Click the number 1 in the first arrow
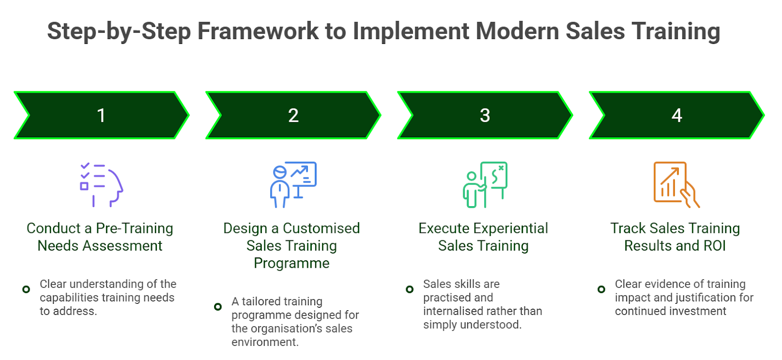(x=101, y=116)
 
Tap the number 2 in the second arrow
(x=293, y=116)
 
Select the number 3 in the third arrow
(x=485, y=116)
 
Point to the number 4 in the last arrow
(x=677, y=116)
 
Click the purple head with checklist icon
(x=101, y=185)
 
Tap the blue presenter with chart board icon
(x=293, y=185)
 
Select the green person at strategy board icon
(x=485, y=185)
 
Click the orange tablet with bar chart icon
(x=676, y=185)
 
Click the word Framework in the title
(x=258, y=31)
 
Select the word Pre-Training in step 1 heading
(x=134, y=228)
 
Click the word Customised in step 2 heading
(x=321, y=228)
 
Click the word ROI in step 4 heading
(x=714, y=246)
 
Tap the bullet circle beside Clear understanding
(x=26, y=290)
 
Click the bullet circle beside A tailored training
(x=218, y=307)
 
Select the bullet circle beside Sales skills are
(x=410, y=290)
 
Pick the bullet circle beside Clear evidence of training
(x=601, y=290)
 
